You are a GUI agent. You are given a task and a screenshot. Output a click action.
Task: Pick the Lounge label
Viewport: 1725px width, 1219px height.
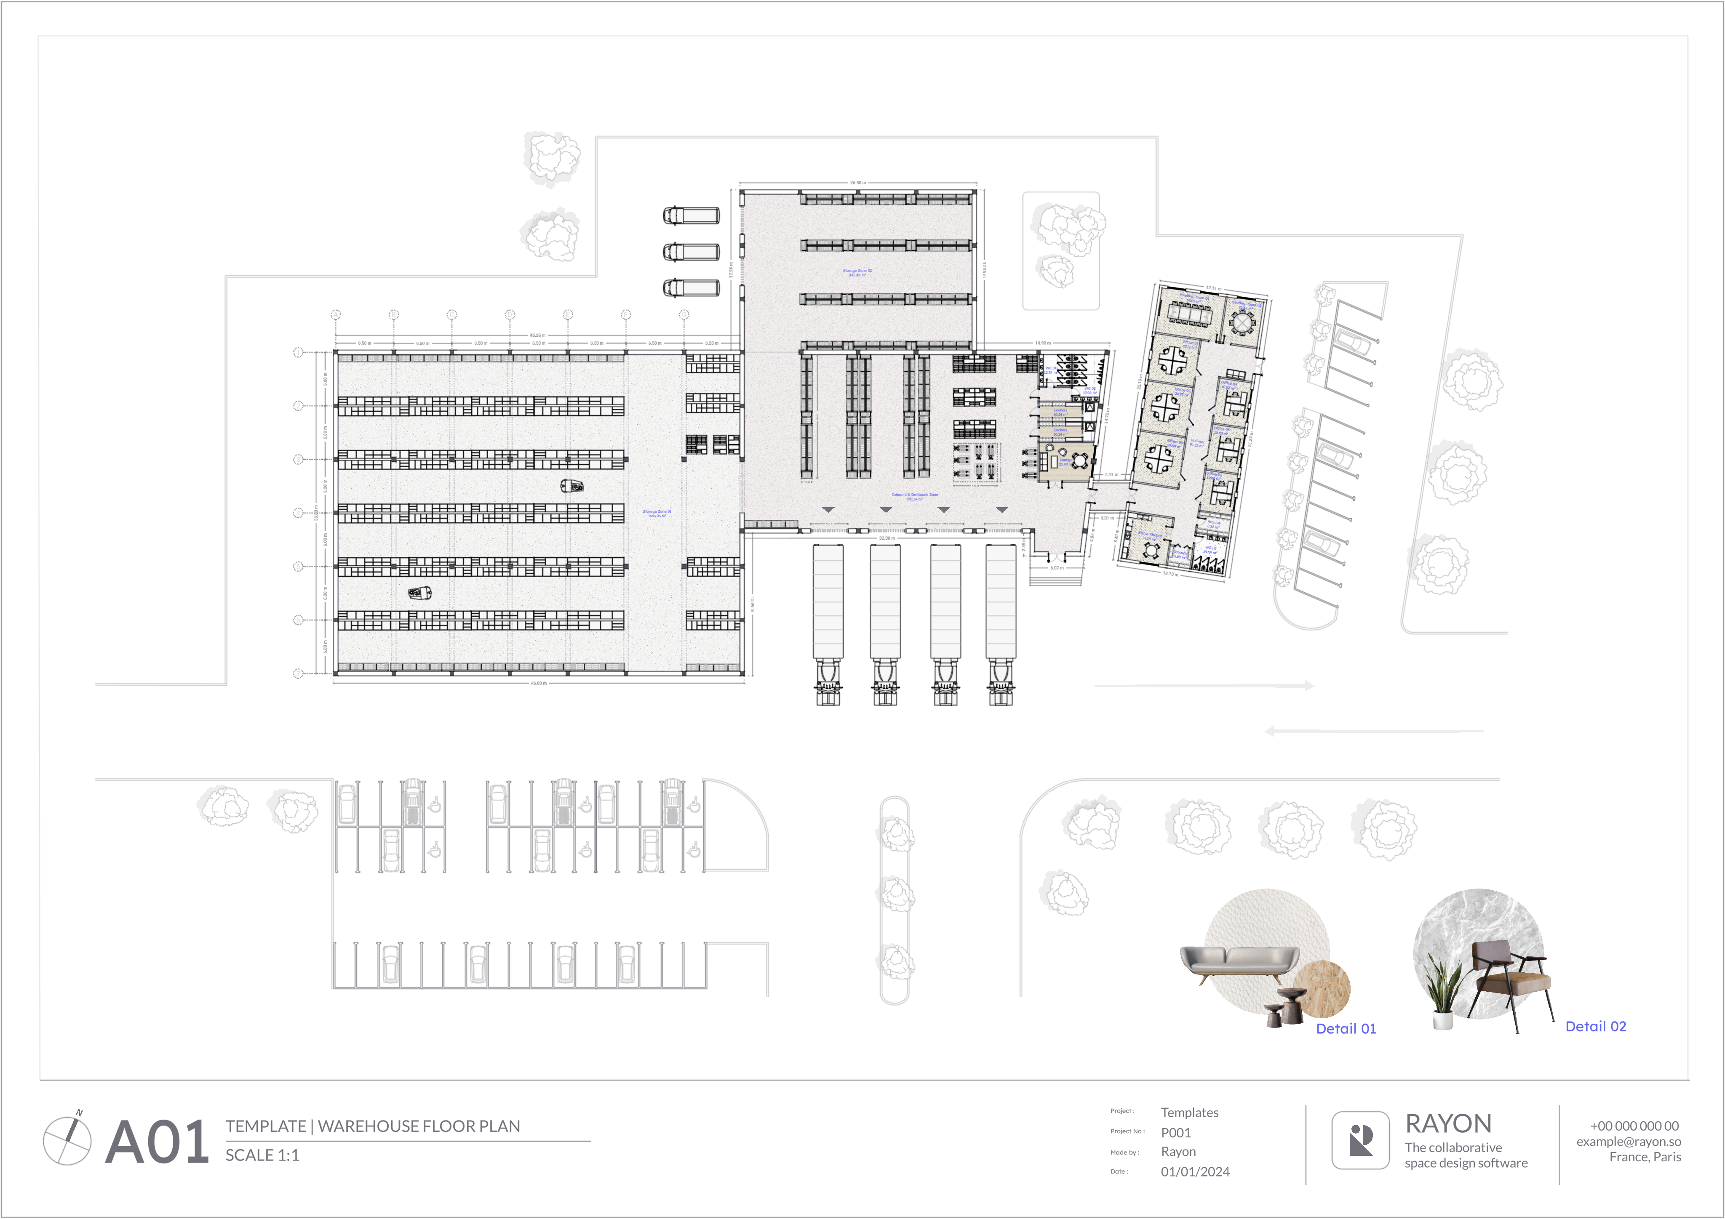1065,462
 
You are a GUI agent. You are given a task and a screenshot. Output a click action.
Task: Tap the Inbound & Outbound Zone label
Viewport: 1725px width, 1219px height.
914,496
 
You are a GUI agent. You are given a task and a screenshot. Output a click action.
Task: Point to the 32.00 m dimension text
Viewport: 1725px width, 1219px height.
887,538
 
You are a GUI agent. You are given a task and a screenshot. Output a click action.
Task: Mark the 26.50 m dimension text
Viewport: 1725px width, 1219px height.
857,183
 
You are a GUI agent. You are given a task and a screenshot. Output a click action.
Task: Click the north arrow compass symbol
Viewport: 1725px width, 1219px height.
68,1139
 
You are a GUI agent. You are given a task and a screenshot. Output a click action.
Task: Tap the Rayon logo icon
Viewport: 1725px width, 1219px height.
1360,1140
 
